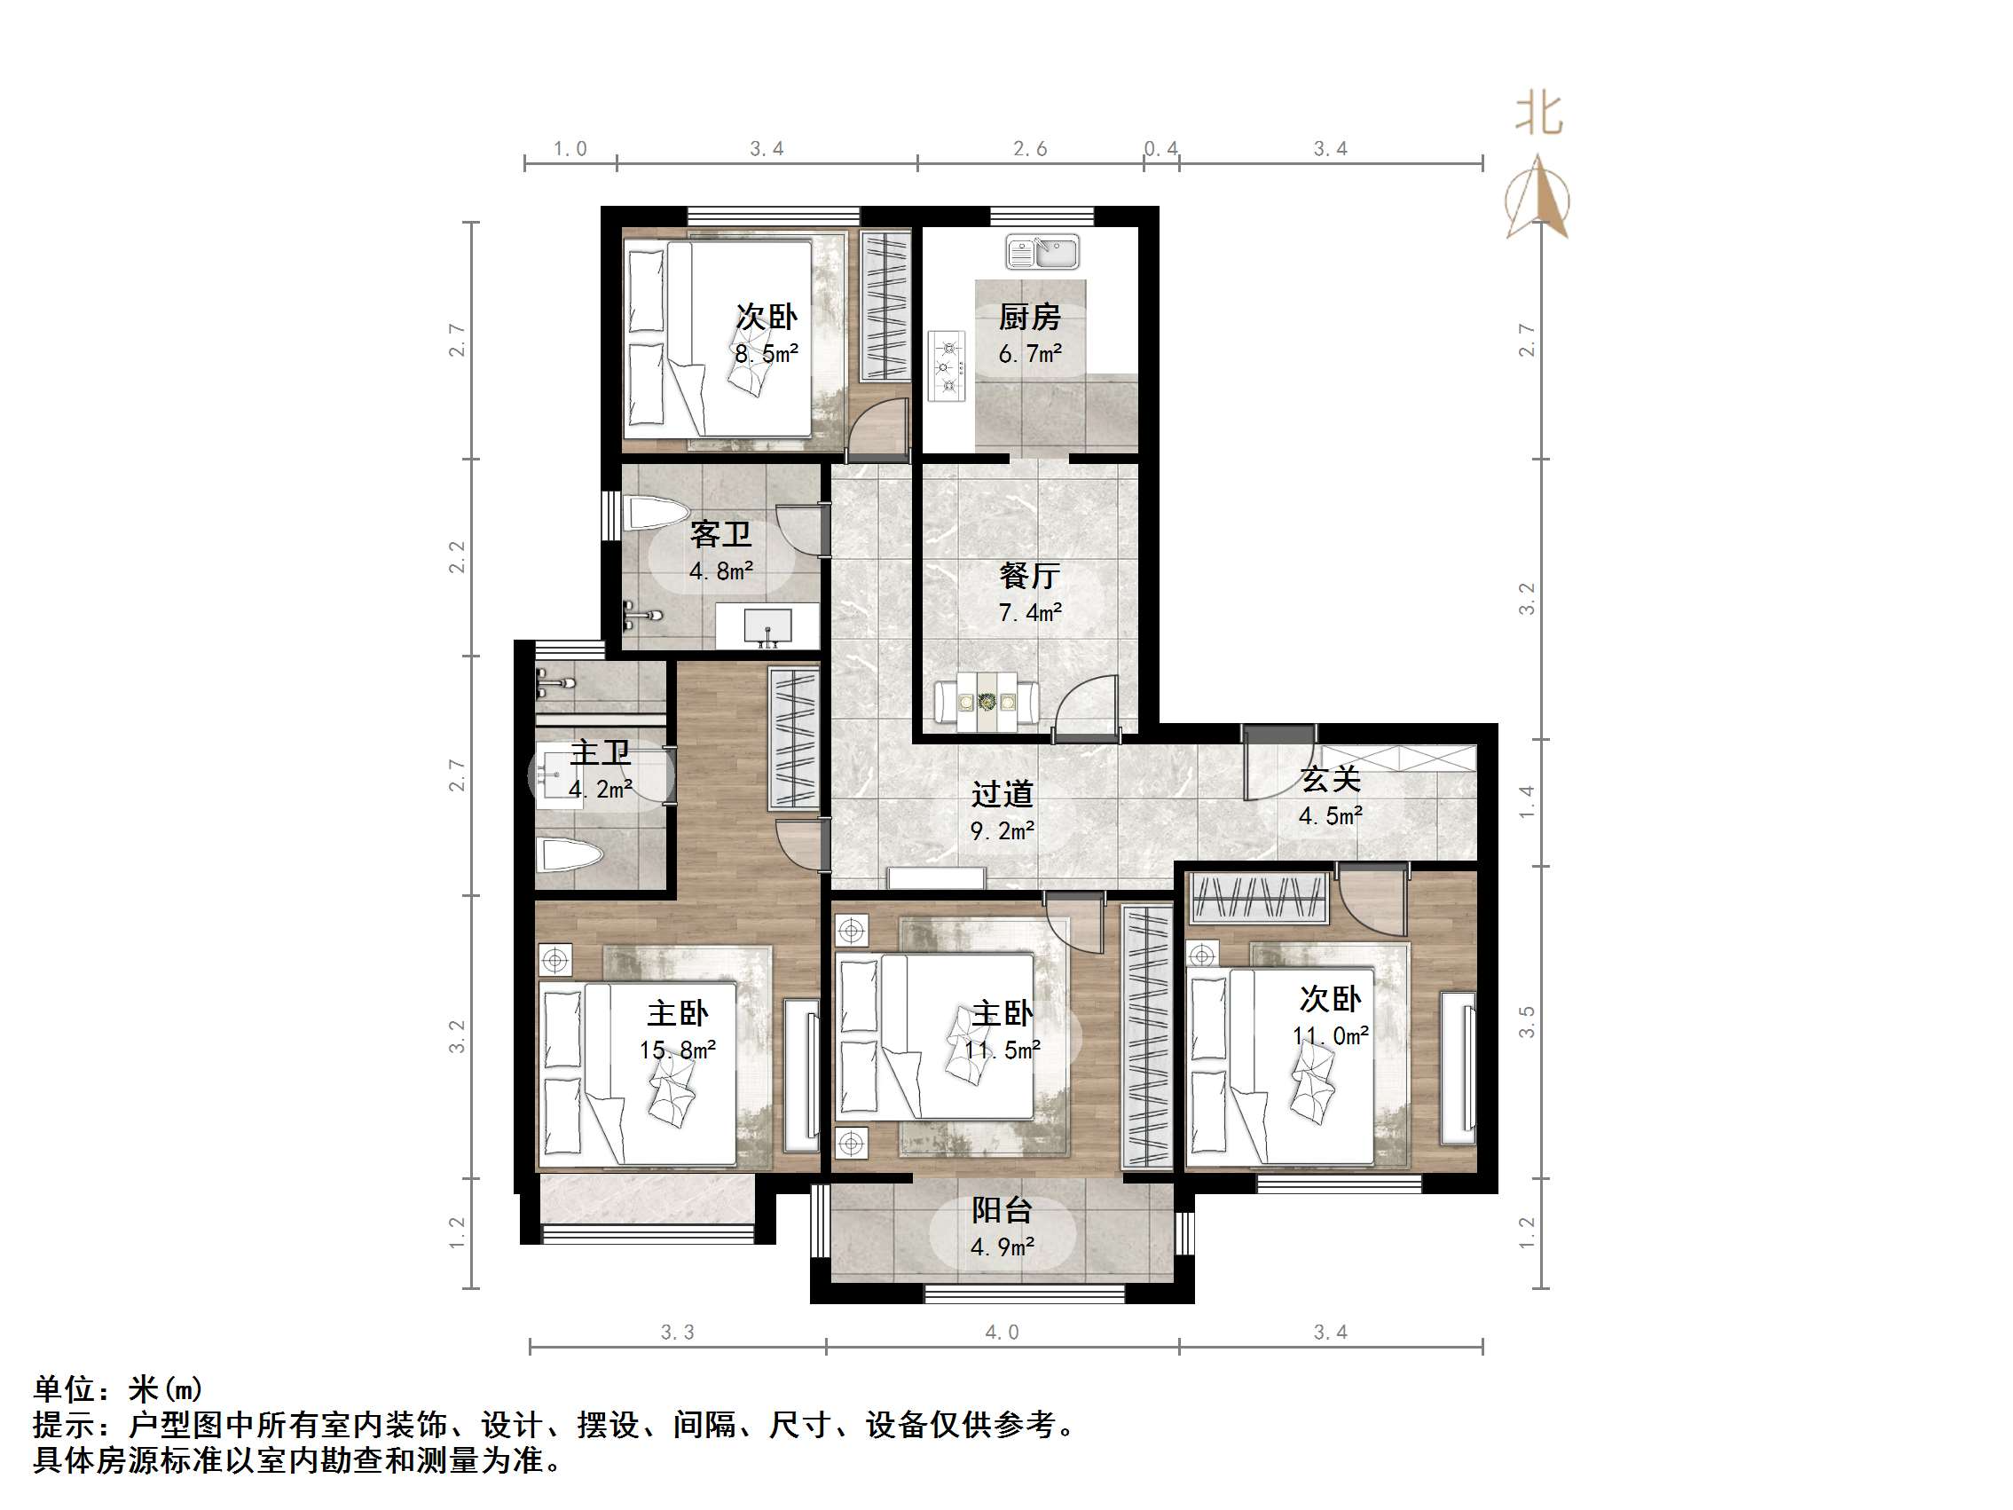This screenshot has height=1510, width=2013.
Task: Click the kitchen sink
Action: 1042,252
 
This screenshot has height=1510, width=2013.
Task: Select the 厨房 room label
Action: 1029,317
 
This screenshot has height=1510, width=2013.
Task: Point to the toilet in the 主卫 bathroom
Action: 570,856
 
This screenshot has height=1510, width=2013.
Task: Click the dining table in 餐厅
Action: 987,703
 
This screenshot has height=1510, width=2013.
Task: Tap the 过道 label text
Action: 1002,795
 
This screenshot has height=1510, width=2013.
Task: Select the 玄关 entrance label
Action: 1330,779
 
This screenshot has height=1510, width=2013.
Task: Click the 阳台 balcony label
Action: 1001,1210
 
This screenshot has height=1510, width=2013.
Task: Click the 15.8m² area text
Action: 677,1050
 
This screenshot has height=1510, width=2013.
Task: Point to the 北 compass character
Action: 1538,114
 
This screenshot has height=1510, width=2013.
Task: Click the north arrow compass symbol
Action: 1538,199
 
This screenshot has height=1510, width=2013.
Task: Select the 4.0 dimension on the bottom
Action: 1001,1333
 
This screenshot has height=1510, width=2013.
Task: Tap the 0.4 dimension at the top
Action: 1160,148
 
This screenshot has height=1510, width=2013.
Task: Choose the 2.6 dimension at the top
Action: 1030,148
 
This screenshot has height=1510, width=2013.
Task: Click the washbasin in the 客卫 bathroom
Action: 767,626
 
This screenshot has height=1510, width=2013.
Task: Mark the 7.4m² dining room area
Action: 1029,612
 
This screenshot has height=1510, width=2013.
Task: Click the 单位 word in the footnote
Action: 65,1389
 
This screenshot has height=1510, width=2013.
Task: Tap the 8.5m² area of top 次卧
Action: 767,354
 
